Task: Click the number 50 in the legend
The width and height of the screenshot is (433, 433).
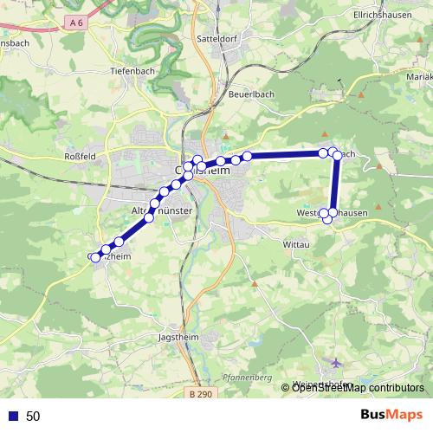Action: click(33, 417)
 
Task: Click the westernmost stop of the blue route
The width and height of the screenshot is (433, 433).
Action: click(94, 257)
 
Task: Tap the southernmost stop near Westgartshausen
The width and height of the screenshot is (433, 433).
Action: click(327, 220)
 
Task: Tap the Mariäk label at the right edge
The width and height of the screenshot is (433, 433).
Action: click(418, 76)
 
